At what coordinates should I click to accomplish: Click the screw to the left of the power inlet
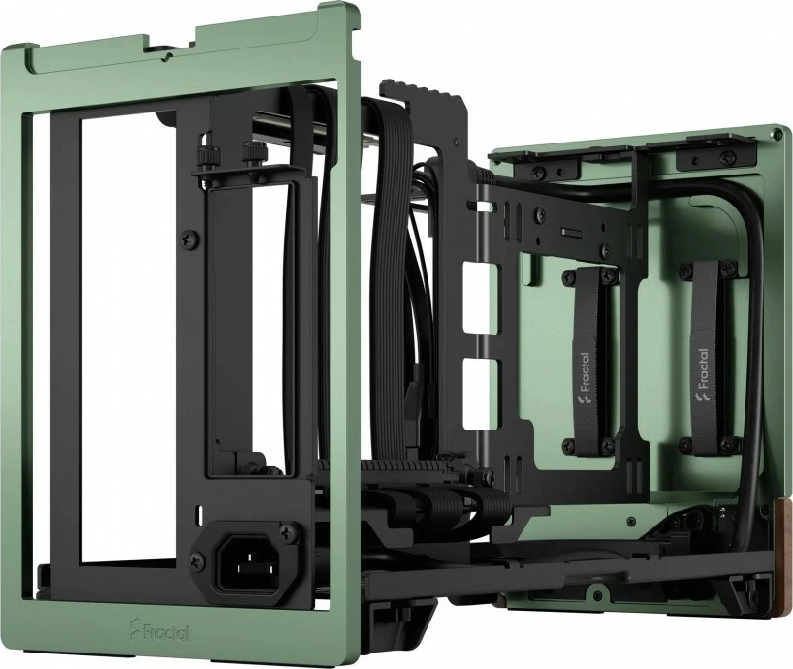click(198, 559)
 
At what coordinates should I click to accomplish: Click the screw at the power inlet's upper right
click(288, 532)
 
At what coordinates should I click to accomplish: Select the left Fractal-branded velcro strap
click(586, 358)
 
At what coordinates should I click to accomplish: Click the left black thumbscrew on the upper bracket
click(205, 155)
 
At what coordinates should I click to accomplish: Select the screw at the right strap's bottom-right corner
click(726, 444)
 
